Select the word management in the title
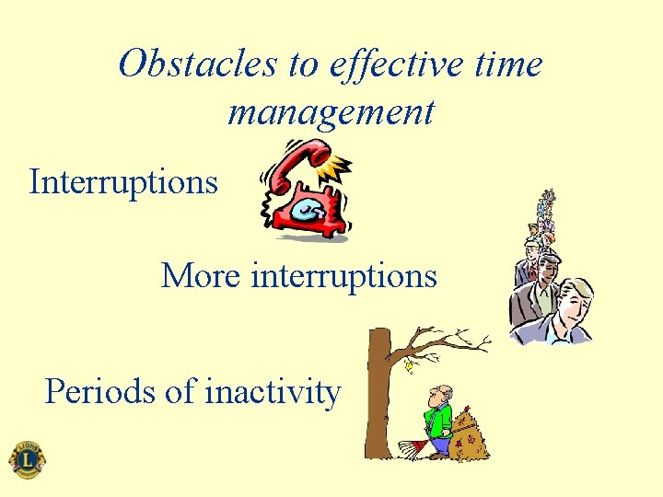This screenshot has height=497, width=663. [331, 112]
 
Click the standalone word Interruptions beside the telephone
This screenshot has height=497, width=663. [123, 181]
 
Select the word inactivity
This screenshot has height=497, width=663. [272, 393]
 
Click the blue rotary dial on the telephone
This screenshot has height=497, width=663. [307, 211]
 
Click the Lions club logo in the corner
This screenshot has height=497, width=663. [27, 458]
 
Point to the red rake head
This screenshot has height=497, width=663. [412, 448]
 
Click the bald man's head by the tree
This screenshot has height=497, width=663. [444, 394]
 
